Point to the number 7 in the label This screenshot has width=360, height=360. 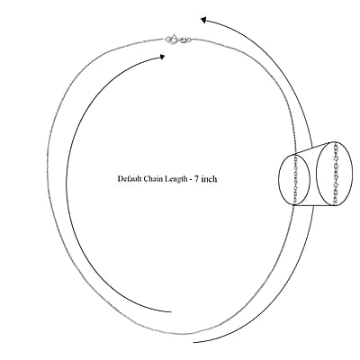point(197,179)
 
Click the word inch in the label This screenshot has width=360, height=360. point(209,179)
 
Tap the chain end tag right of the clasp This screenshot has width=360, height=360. point(184,40)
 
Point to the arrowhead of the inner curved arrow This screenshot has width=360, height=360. point(162,57)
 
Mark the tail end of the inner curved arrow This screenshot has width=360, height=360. point(171,312)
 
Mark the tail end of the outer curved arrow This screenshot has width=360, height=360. point(193,342)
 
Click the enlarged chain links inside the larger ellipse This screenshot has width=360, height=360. point(336,174)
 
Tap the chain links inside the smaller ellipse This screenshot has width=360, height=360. point(295,179)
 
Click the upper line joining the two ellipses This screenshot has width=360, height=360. point(314,148)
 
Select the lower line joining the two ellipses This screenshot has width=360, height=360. point(314,205)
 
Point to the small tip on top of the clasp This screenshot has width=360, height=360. point(175,35)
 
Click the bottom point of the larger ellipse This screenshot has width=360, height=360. point(334,206)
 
